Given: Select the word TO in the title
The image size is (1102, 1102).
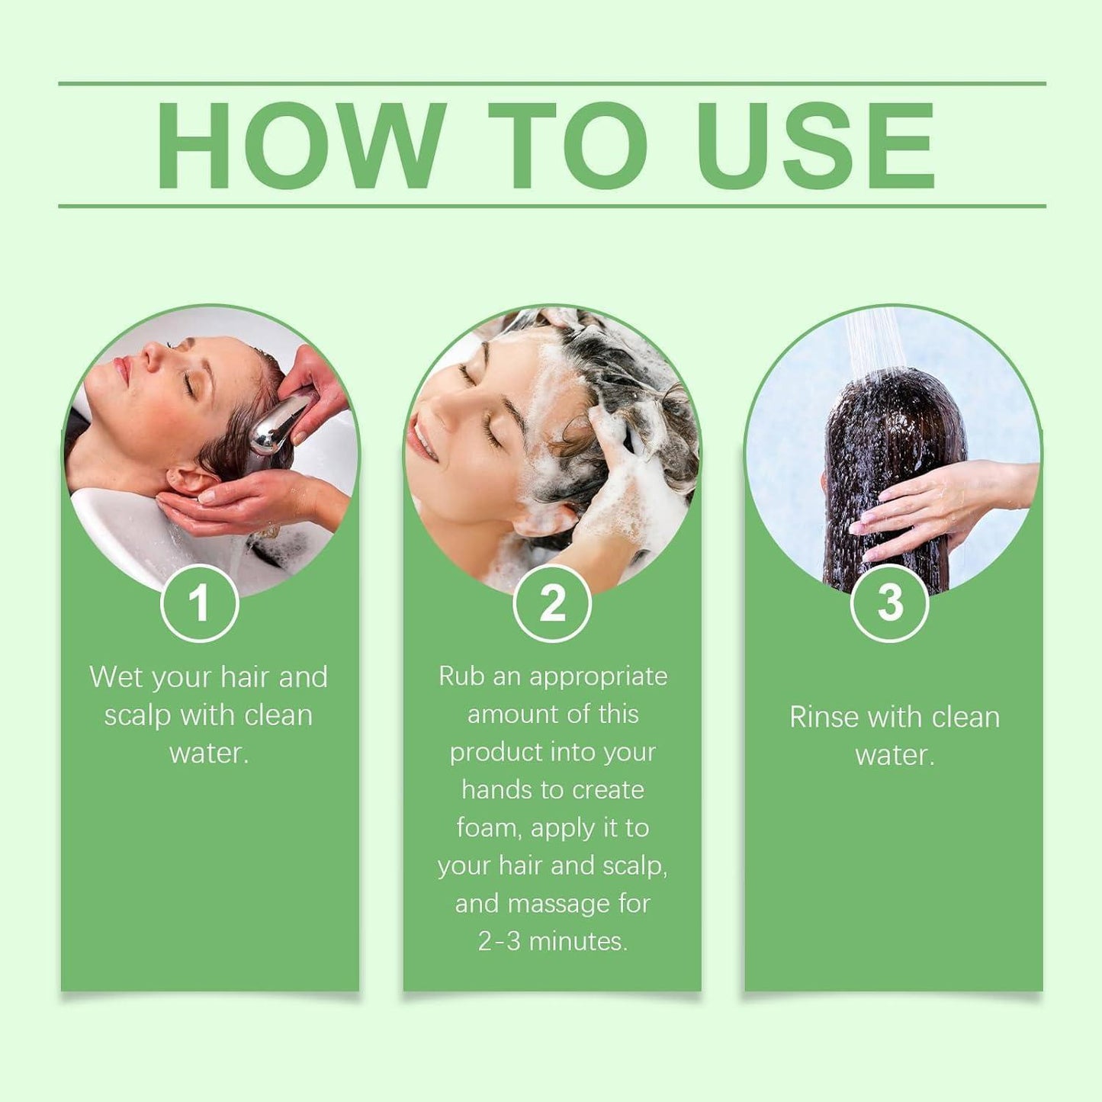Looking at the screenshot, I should [567, 145].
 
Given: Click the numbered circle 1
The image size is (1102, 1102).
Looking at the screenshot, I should [200, 603].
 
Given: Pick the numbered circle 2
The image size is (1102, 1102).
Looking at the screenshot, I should [552, 603].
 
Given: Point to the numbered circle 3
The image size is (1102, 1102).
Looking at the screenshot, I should [889, 603].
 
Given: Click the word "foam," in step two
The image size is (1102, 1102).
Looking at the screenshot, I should [489, 827].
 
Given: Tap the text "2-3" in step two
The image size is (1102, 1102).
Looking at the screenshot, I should [499, 941].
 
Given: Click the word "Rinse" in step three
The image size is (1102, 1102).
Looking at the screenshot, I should [824, 717].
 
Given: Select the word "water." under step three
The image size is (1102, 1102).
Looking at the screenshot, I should [895, 755].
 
